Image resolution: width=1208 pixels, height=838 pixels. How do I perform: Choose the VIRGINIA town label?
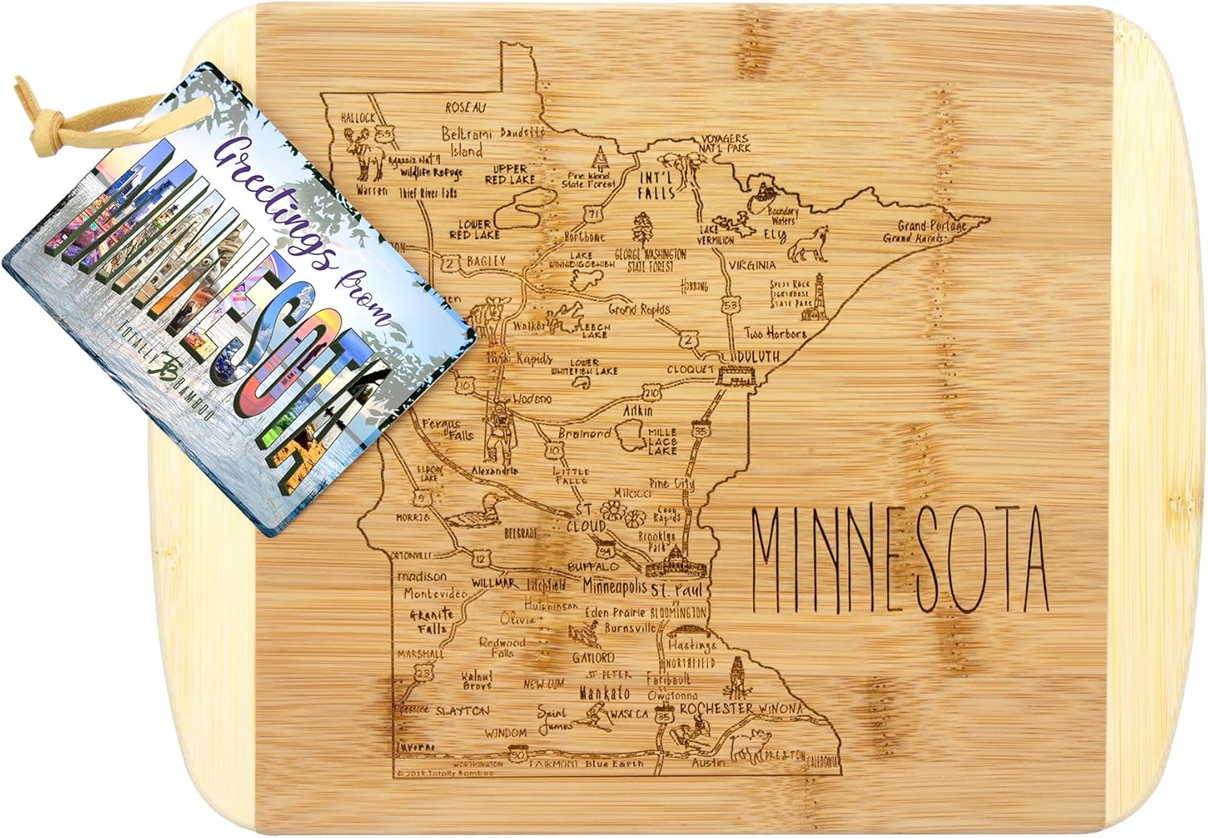pyautogui.click(x=752, y=264)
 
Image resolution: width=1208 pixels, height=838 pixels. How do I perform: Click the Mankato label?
pyautogui.click(x=604, y=693)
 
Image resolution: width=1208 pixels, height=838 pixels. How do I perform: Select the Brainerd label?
pyautogui.click(x=585, y=434)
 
